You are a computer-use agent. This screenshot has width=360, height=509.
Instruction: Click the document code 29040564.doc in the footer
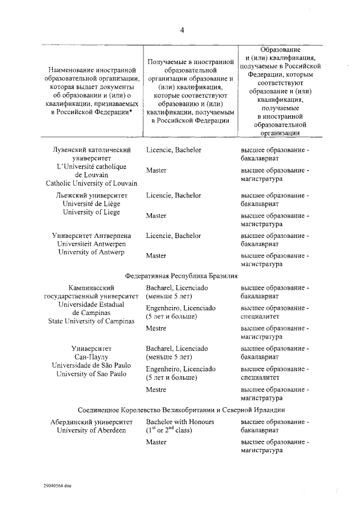pos(57,485)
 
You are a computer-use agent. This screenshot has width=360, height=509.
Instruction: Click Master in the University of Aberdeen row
pos(156,442)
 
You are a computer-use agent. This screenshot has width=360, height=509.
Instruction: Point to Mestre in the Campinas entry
pos(156,328)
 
